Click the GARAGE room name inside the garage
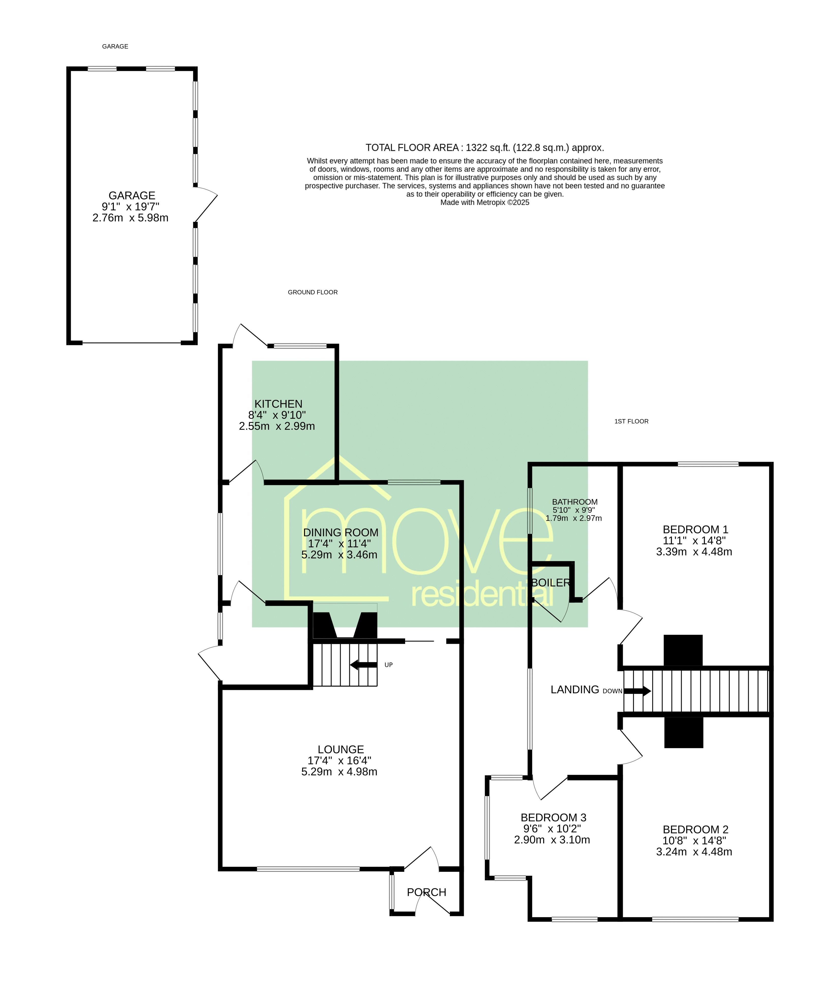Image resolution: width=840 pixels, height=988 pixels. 132,196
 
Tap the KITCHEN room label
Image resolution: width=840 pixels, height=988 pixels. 279,404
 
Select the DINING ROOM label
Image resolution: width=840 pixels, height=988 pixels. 341,532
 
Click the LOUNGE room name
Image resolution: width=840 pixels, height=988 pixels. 341,749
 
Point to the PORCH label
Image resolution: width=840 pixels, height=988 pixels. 427,892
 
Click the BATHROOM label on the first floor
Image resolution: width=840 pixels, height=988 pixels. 575,502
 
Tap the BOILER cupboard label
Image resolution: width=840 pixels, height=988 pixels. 551,583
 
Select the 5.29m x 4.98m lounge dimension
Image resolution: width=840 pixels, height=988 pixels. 340,772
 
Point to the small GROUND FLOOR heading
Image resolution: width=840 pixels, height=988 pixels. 313,292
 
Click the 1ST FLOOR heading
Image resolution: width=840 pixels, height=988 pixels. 631,421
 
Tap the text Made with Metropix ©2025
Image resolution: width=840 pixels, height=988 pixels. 485,202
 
